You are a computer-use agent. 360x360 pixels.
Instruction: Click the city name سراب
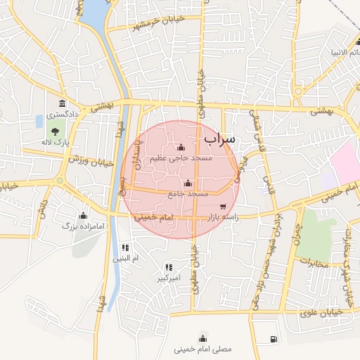pyautogui.click(x=221, y=141)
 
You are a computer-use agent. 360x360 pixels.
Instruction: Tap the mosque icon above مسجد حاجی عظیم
pyautogui.click(x=181, y=148)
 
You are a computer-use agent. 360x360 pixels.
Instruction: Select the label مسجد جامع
pyautogui.click(x=188, y=193)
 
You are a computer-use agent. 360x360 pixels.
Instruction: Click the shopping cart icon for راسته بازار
pyautogui.click(x=224, y=207)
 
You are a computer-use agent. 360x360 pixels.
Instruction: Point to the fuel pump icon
pyautogui.click(x=272, y=340)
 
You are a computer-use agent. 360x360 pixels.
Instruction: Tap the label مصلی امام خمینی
pyautogui.click(x=202, y=348)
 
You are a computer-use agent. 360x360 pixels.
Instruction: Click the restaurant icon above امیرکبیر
pyautogui.click(x=168, y=267)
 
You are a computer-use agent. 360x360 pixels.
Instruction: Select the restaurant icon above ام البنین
pyautogui.click(x=125, y=247)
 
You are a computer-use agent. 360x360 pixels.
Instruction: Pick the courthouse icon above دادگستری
pyautogui.click(x=62, y=104)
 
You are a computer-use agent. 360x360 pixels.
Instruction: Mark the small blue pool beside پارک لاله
pyautogui.click(x=39, y=121)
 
